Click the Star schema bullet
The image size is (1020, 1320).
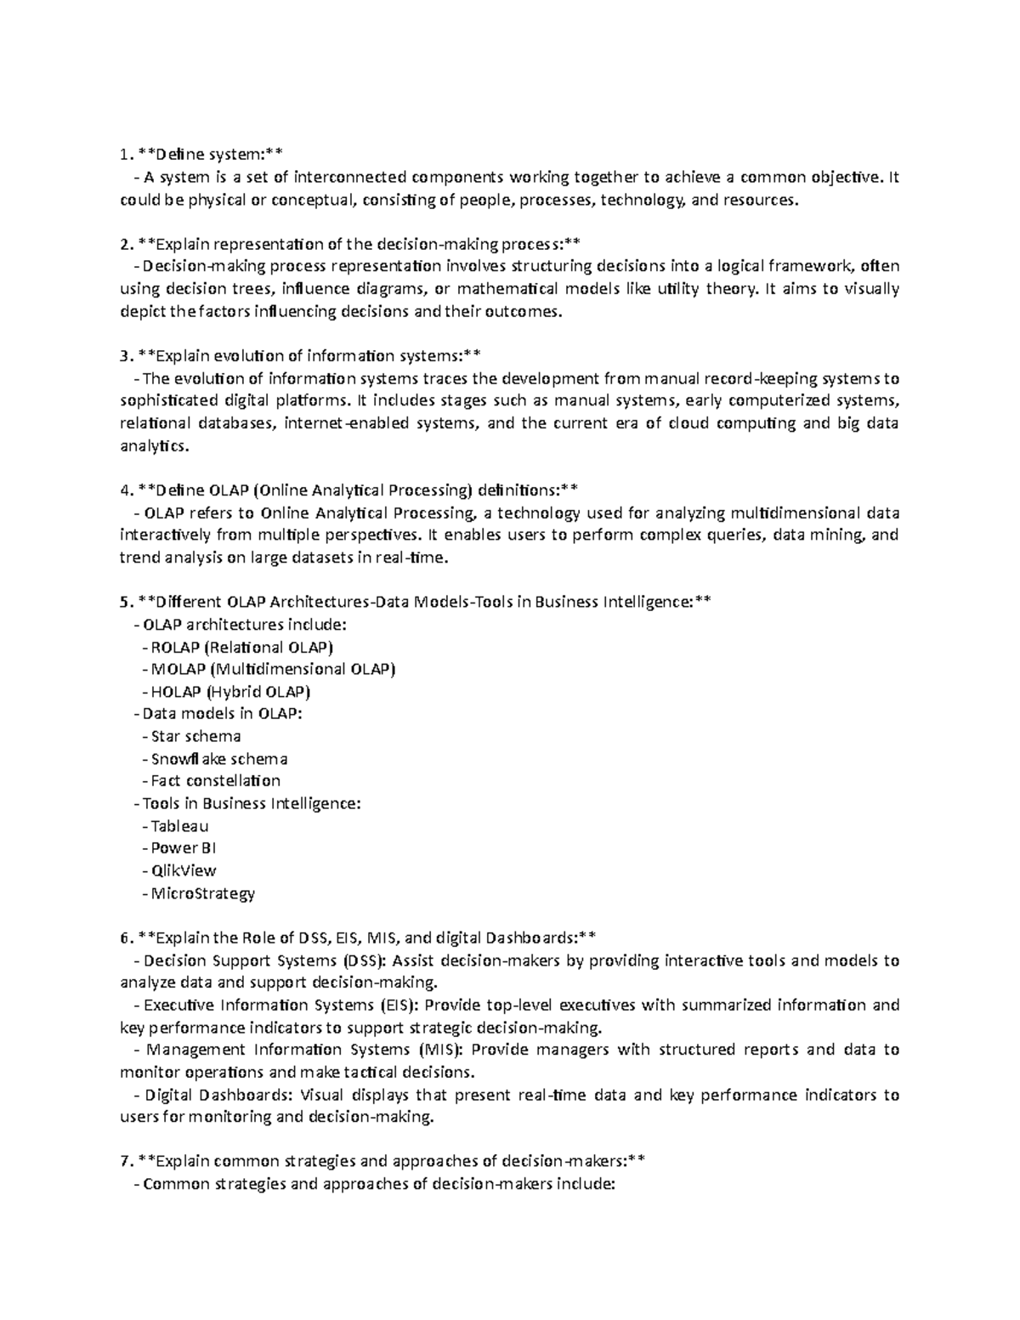[x=195, y=736]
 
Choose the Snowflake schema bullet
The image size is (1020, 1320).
[x=219, y=758]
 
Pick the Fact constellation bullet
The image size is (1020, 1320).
[x=215, y=780]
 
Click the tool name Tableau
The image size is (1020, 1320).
[x=179, y=825]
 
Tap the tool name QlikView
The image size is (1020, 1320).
[x=183, y=870]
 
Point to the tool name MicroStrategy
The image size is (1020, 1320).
[x=202, y=892]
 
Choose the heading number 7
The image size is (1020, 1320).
[x=125, y=1161]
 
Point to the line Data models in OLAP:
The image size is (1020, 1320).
[x=222, y=714]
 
